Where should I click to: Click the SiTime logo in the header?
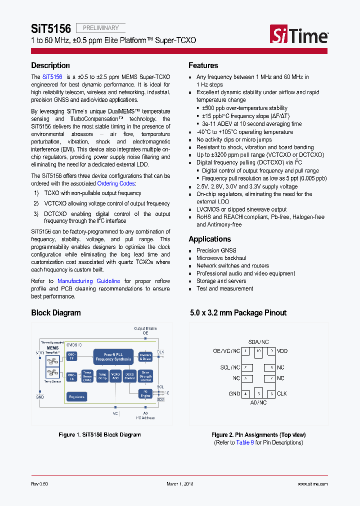(299, 35)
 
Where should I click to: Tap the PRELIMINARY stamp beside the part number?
(100, 28)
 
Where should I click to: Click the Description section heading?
(50, 65)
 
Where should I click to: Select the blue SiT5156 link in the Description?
(52, 77)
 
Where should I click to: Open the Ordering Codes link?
(116, 183)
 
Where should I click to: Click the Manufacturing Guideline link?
(88, 281)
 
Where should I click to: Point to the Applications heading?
(209, 239)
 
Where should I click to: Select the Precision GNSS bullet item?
(216, 250)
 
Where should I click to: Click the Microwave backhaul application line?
(221, 258)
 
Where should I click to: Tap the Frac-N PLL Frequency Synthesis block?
(113, 356)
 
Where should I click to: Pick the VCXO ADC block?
(115, 376)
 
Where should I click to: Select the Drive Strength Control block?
(146, 376)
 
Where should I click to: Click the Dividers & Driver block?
(145, 356)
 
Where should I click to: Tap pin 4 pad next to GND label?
(246, 393)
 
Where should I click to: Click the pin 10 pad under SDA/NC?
(258, 351)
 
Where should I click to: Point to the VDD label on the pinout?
(282, 351)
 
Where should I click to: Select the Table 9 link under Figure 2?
(245, 442)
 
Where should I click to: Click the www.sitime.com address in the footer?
(312, 484)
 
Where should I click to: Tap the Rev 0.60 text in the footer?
(39, 484)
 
